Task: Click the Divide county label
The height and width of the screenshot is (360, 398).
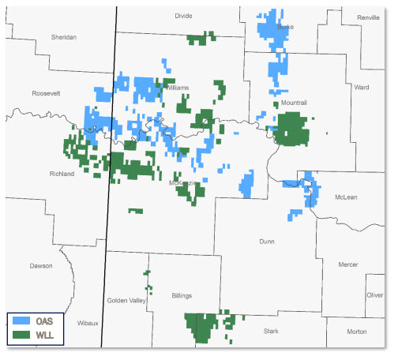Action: click(183, 15)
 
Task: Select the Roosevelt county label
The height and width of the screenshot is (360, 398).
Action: click(46, 93)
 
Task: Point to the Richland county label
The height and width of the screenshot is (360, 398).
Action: click(61, 173)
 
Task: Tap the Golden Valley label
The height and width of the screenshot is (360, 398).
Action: click(127, 301)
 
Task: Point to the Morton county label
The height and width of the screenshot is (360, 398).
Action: click(356, 331)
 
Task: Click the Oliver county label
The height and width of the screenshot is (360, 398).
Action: click(374, 294)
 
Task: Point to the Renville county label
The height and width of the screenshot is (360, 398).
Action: click(368, 17)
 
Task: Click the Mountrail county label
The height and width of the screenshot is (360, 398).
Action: click(293, 103)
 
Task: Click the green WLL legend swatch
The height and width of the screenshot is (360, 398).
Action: click(22, 336)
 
